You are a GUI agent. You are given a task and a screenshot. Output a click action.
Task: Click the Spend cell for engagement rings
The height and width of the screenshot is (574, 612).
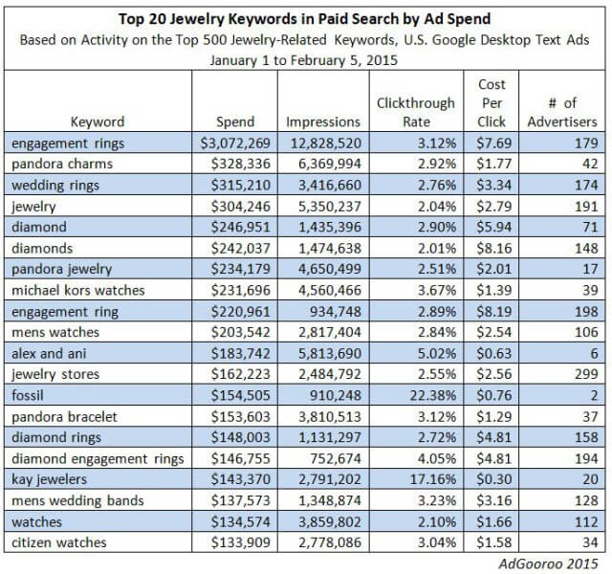point(235,143)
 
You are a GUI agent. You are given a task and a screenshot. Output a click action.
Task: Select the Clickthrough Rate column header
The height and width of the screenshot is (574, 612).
point(416,113)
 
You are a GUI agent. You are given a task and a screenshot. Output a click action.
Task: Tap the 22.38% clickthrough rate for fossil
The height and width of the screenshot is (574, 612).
point(432,395)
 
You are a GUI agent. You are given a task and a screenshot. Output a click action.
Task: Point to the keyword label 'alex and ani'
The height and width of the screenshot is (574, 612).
point(49,353)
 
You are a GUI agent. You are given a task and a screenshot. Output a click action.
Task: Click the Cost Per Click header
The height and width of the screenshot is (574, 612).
point(492,103)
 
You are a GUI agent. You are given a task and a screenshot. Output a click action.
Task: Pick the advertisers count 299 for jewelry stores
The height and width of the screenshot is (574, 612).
point(586,374)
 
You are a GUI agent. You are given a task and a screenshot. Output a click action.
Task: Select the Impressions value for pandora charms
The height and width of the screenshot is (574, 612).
point(330,164)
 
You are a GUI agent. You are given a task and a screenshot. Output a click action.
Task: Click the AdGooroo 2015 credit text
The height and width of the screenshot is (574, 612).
point(548,563)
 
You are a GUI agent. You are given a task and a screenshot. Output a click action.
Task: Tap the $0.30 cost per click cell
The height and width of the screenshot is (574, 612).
point(493,479)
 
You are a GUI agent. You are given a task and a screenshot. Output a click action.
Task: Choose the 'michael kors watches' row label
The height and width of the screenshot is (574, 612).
point(78,290)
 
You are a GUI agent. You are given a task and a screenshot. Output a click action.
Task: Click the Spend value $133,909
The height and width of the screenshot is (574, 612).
point(240,542)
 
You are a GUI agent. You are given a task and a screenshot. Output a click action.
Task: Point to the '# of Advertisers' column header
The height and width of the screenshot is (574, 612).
point(562,113)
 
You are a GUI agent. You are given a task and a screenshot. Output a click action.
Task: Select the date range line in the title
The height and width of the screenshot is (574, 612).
point(304,60)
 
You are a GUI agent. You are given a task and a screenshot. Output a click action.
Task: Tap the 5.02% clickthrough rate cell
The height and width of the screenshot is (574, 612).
point(437,353)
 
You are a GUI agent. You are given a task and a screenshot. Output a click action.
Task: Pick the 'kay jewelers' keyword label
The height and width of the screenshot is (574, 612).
point(49,479)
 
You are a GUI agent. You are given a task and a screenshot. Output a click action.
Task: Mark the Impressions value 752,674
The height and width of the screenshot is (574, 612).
point(336,458)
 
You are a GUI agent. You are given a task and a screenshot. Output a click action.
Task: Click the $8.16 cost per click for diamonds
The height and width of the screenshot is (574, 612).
point(493,249)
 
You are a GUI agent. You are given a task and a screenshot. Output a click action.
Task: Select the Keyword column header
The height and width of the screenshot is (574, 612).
point(98,121)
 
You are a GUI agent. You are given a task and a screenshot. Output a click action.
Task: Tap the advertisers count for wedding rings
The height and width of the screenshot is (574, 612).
point(586,185)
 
